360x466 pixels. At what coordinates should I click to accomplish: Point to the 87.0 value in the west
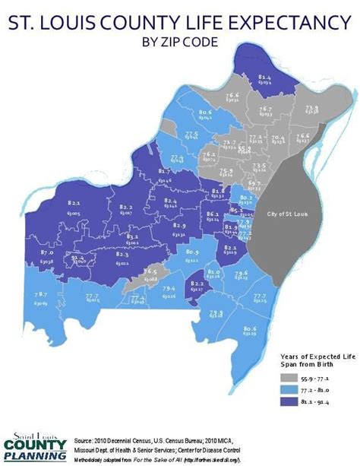click(46, 251)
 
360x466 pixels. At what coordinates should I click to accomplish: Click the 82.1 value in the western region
click(74, 203)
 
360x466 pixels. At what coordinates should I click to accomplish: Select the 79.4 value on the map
click(169, 289)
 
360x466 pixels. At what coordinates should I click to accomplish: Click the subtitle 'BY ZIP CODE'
click(180, 41)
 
